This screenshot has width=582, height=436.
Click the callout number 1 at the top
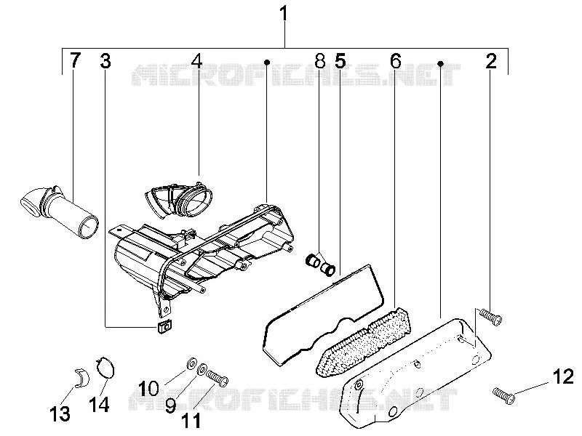click(284, 14)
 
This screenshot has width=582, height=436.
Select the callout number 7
click(75, 60)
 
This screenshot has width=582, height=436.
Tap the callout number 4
click(196, 61)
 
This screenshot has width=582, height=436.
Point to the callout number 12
click(563, 377)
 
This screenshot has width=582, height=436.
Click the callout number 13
click(60, 413)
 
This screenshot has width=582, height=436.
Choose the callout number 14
click(99, 404)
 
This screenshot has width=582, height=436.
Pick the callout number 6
click(396, 61)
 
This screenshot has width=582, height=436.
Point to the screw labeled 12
click(503, 395)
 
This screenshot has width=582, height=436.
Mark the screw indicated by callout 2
click(490, 317)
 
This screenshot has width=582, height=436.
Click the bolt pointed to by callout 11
click(217, 379)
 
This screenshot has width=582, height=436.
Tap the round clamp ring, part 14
click(105, 368)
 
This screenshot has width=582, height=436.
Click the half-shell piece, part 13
click(82, 377)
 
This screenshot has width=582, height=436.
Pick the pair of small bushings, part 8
click(320, 265)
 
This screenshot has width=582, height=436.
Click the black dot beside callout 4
click(266, 62)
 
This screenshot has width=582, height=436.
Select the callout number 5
click(340, 61)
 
